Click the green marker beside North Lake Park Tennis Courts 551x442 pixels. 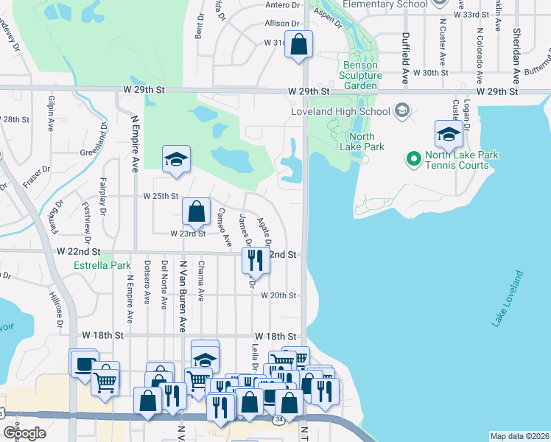[x=413, y=158]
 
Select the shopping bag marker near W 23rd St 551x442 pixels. [x=197, y=212]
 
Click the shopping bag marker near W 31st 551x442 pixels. [x=299, y=44]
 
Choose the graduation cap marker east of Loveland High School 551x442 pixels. [x=448, y=134]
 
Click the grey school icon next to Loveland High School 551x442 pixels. [x=401, y=111]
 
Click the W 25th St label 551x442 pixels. [x=160, y=196]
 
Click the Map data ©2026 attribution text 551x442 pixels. [x=519, y=436]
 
